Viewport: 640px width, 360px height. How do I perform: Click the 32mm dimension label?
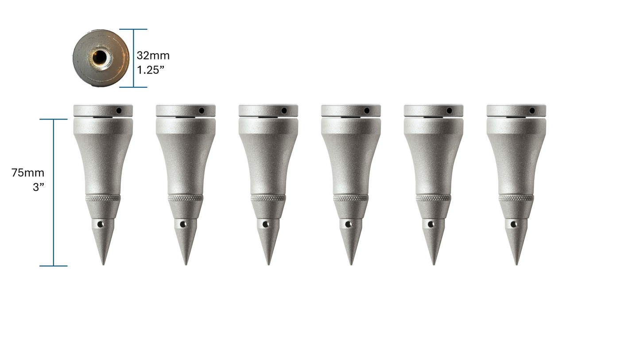[x=153, y=56]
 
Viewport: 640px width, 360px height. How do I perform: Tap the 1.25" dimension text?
[x=151, y=70]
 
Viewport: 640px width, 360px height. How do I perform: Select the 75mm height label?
[x=28, y=173]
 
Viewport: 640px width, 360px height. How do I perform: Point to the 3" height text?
[x=39, y=187]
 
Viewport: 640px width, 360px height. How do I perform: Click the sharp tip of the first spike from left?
[x=103, y=264]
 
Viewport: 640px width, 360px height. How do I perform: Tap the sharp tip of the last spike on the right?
[x=516, y=264]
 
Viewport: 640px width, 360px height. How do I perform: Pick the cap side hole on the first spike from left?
[x=119, y=110]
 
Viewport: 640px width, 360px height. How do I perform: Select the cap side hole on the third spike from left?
[x=284, y=110]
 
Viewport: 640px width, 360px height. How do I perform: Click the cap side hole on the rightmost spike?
[x=532, y=110]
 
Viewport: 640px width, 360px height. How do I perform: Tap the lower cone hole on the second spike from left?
[x=183, y=225]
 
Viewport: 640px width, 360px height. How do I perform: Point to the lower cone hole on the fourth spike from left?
[x=348, y=225]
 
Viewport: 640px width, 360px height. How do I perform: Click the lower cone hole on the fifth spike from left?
[x=431, y=225]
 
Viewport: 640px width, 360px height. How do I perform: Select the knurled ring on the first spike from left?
[x=103, y=198]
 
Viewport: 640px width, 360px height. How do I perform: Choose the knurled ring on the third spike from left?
[x=268, y=198]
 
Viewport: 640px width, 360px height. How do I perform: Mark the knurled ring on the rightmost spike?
[x=516, y=198]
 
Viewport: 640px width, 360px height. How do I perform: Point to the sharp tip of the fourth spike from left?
[x=351, y=264]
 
